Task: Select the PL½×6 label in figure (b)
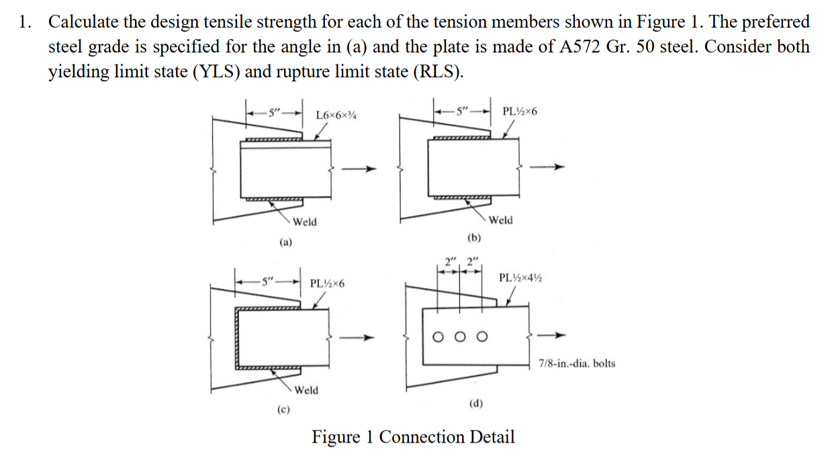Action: (x=519, y=110)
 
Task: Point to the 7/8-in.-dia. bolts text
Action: (x=577, y=364)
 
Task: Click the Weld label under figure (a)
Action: (x=304, y=222)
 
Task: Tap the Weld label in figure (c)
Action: (x=307, y=390)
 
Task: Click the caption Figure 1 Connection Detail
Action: (x=413, y=437)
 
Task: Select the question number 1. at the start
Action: (x=25, y=22)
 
